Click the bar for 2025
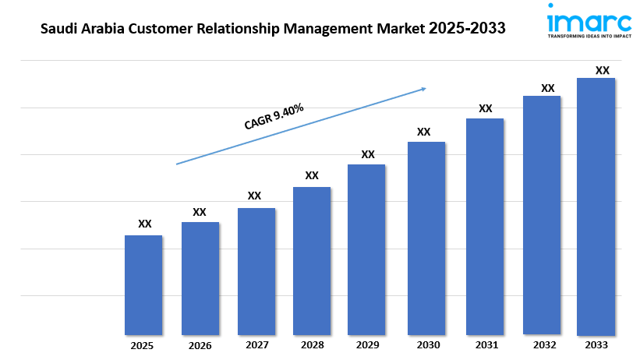click(143, 285)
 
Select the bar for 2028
click(312, 261)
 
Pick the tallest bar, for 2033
click(596, 206)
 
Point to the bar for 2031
click(485, 227)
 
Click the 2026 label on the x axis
click(200, 345)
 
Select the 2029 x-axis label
click(367, 345)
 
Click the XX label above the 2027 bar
click(255, 196)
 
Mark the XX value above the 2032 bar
click(548, 88)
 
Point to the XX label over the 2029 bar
click(368, 154)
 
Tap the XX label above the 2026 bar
click(200, 212)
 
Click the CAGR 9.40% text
click(274, 116)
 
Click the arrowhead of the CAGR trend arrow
click(423, 89)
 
